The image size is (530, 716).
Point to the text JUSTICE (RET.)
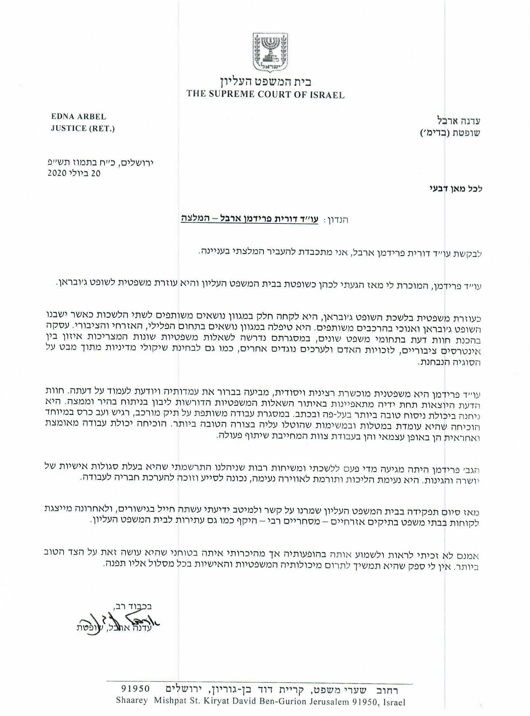[83, 129]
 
